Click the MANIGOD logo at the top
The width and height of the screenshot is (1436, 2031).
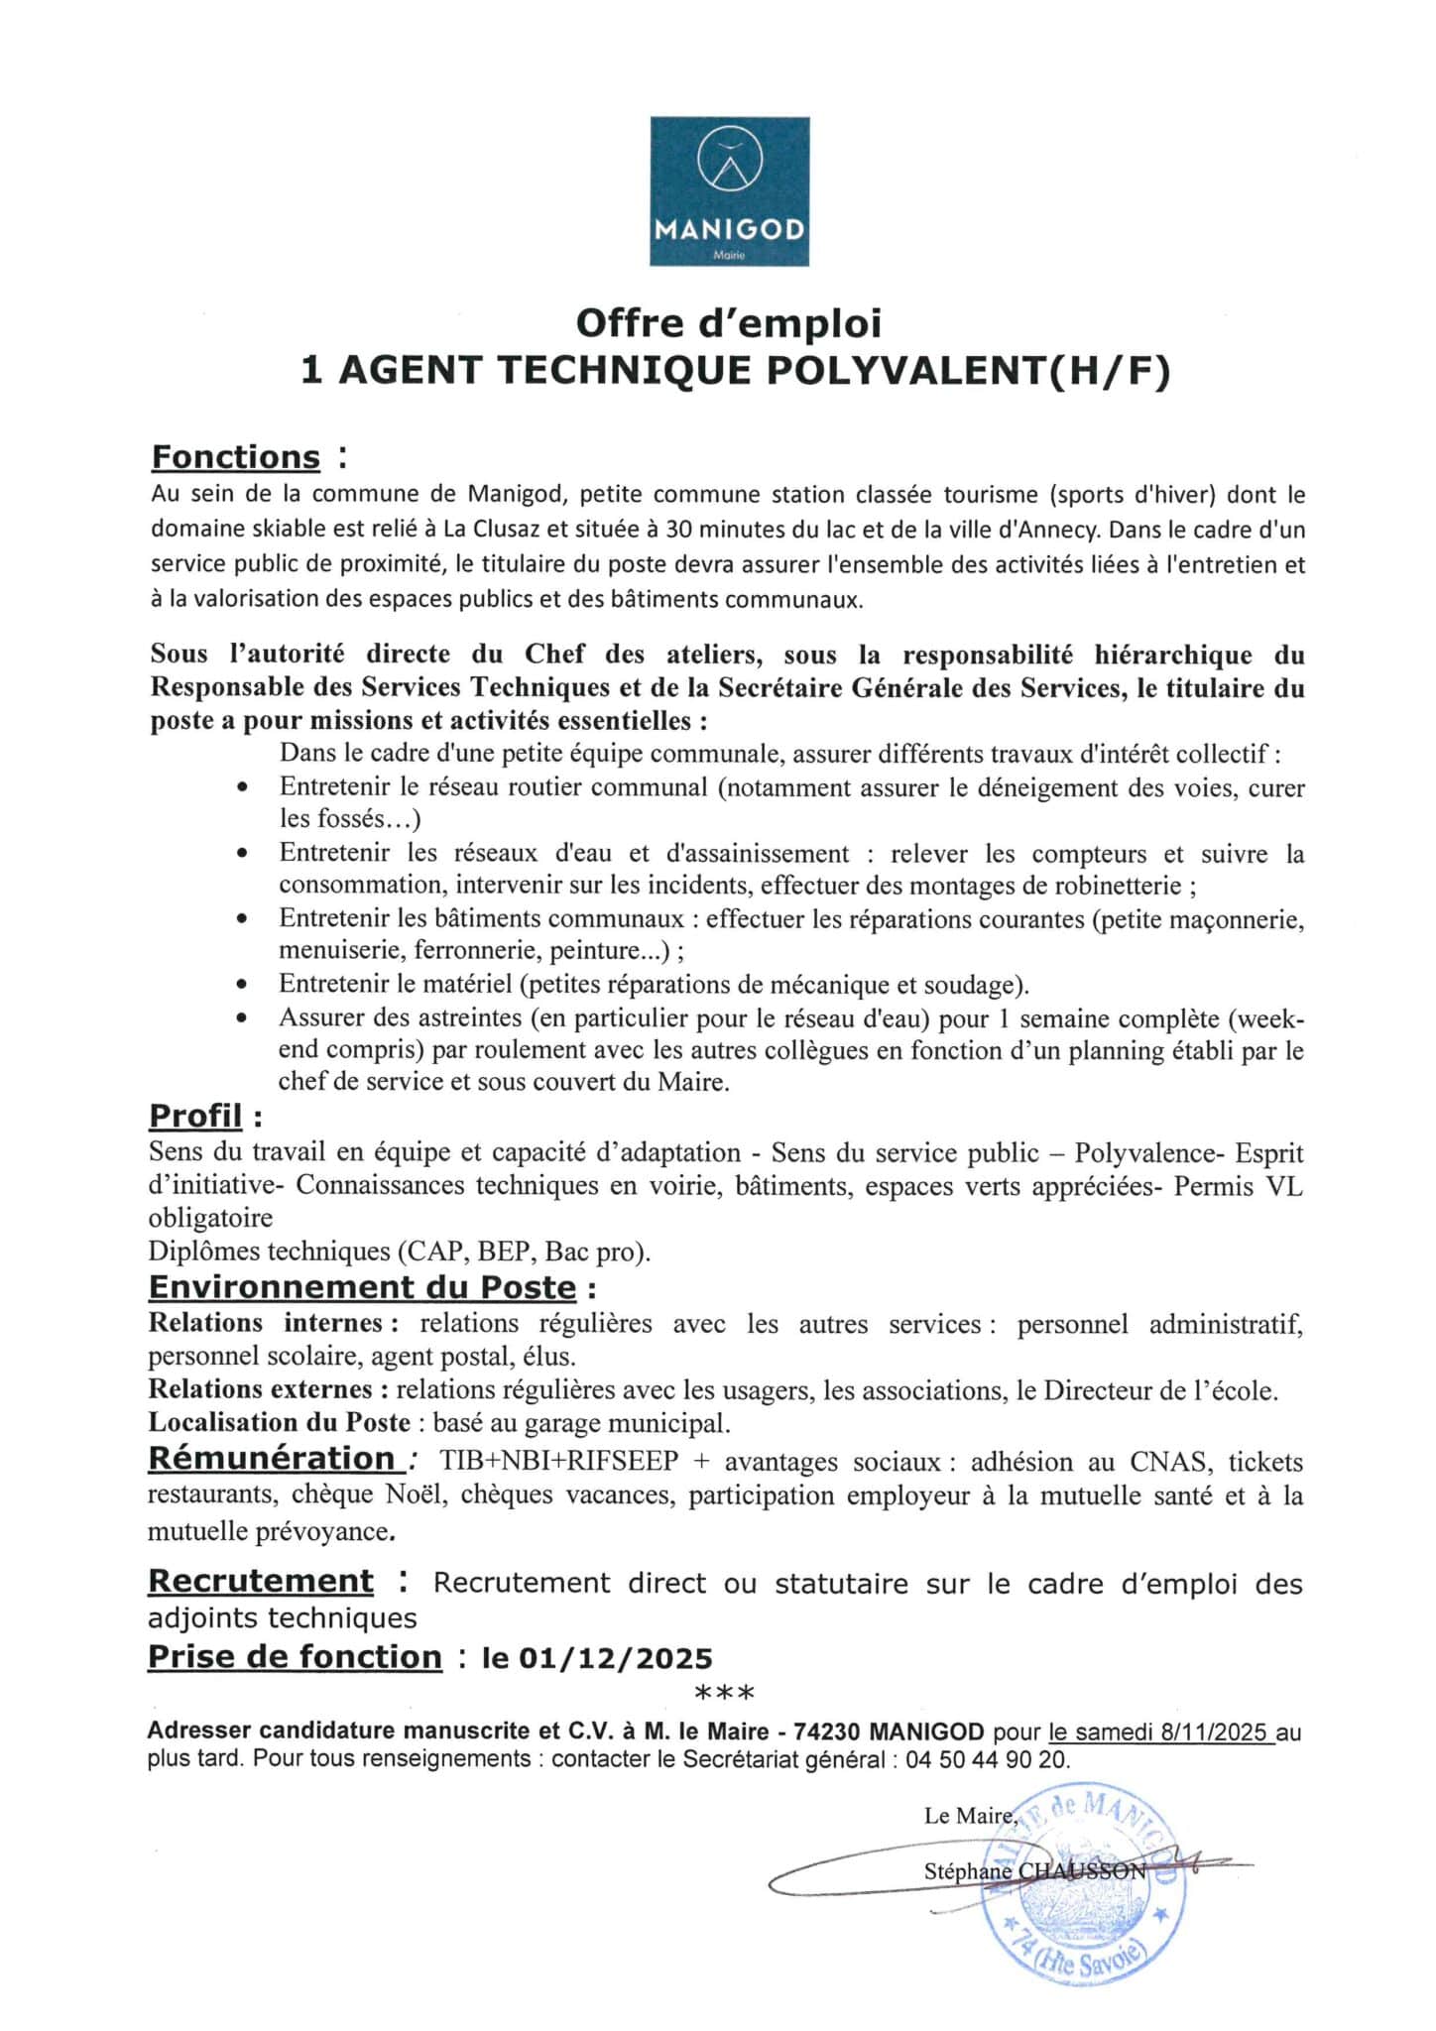click(x=729, y=191)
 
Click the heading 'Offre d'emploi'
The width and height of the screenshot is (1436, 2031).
click(x=729, y=323)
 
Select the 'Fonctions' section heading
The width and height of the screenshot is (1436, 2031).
click(x=236, y=457)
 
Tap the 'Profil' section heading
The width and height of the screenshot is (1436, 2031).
click(x=195, y=1116)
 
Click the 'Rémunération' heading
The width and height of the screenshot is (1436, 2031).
click(x=272, y=1458)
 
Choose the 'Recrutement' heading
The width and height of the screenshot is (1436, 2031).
click(x=261, y=1581)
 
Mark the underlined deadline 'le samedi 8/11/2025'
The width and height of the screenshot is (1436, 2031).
click(x=1160, y=1732)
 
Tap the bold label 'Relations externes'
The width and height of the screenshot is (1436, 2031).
click(x=261, y=1389)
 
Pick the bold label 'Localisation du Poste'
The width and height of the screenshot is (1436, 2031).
click(x=280, y=1422)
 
